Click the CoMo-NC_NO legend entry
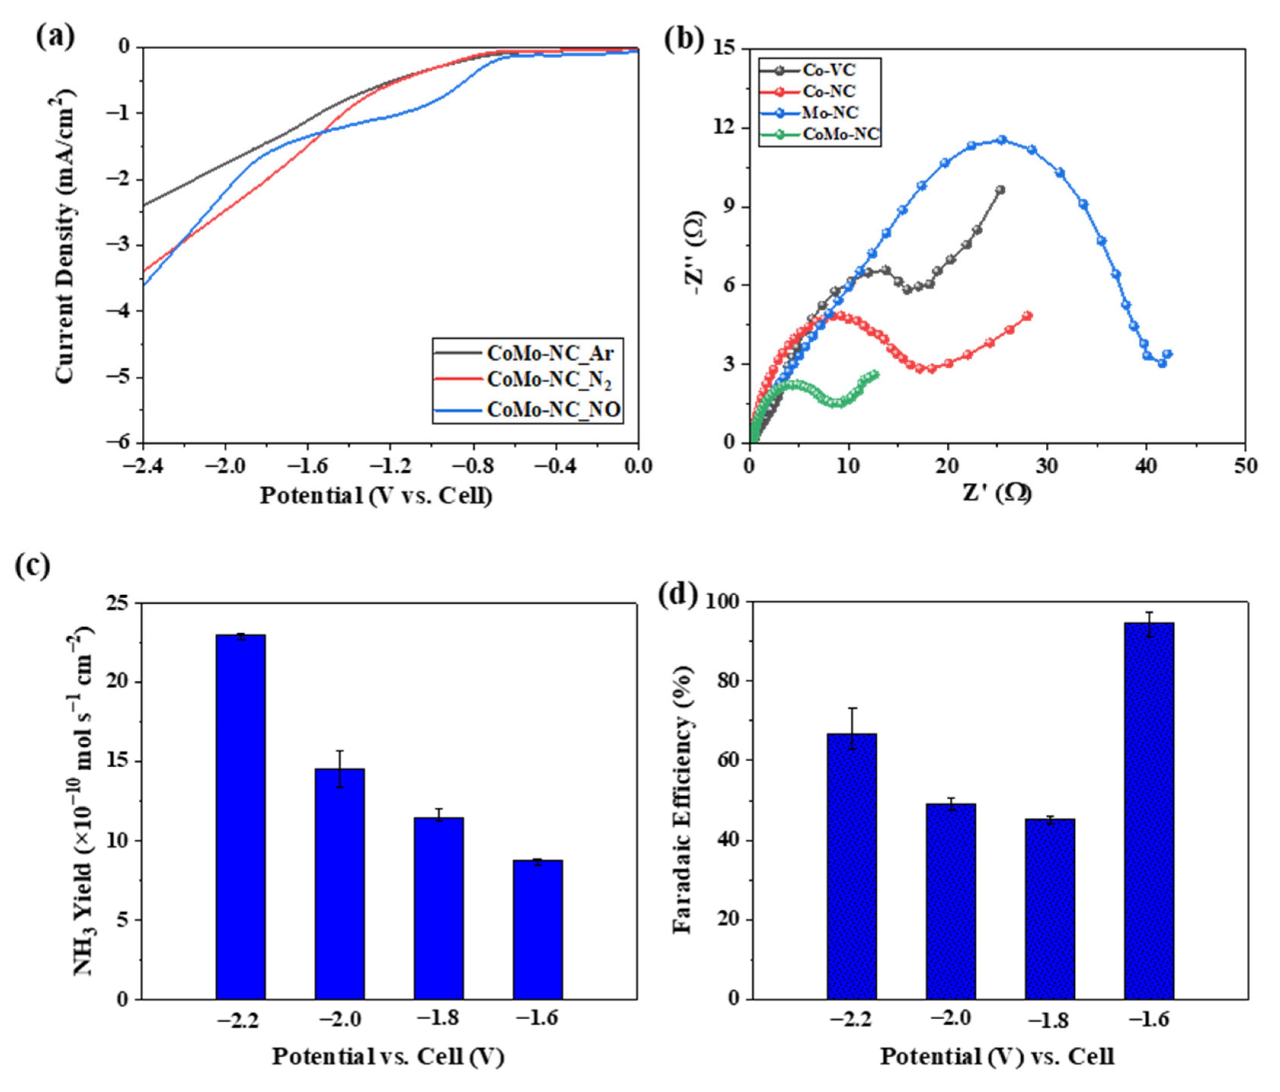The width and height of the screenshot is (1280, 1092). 553,410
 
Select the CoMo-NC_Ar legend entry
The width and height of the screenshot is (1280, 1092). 550,353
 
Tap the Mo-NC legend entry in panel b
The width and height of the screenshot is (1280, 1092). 830,112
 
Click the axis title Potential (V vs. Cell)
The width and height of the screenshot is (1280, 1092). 376,495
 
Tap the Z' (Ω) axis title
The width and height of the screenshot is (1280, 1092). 997,493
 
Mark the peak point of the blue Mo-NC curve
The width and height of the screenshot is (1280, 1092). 1002,140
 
